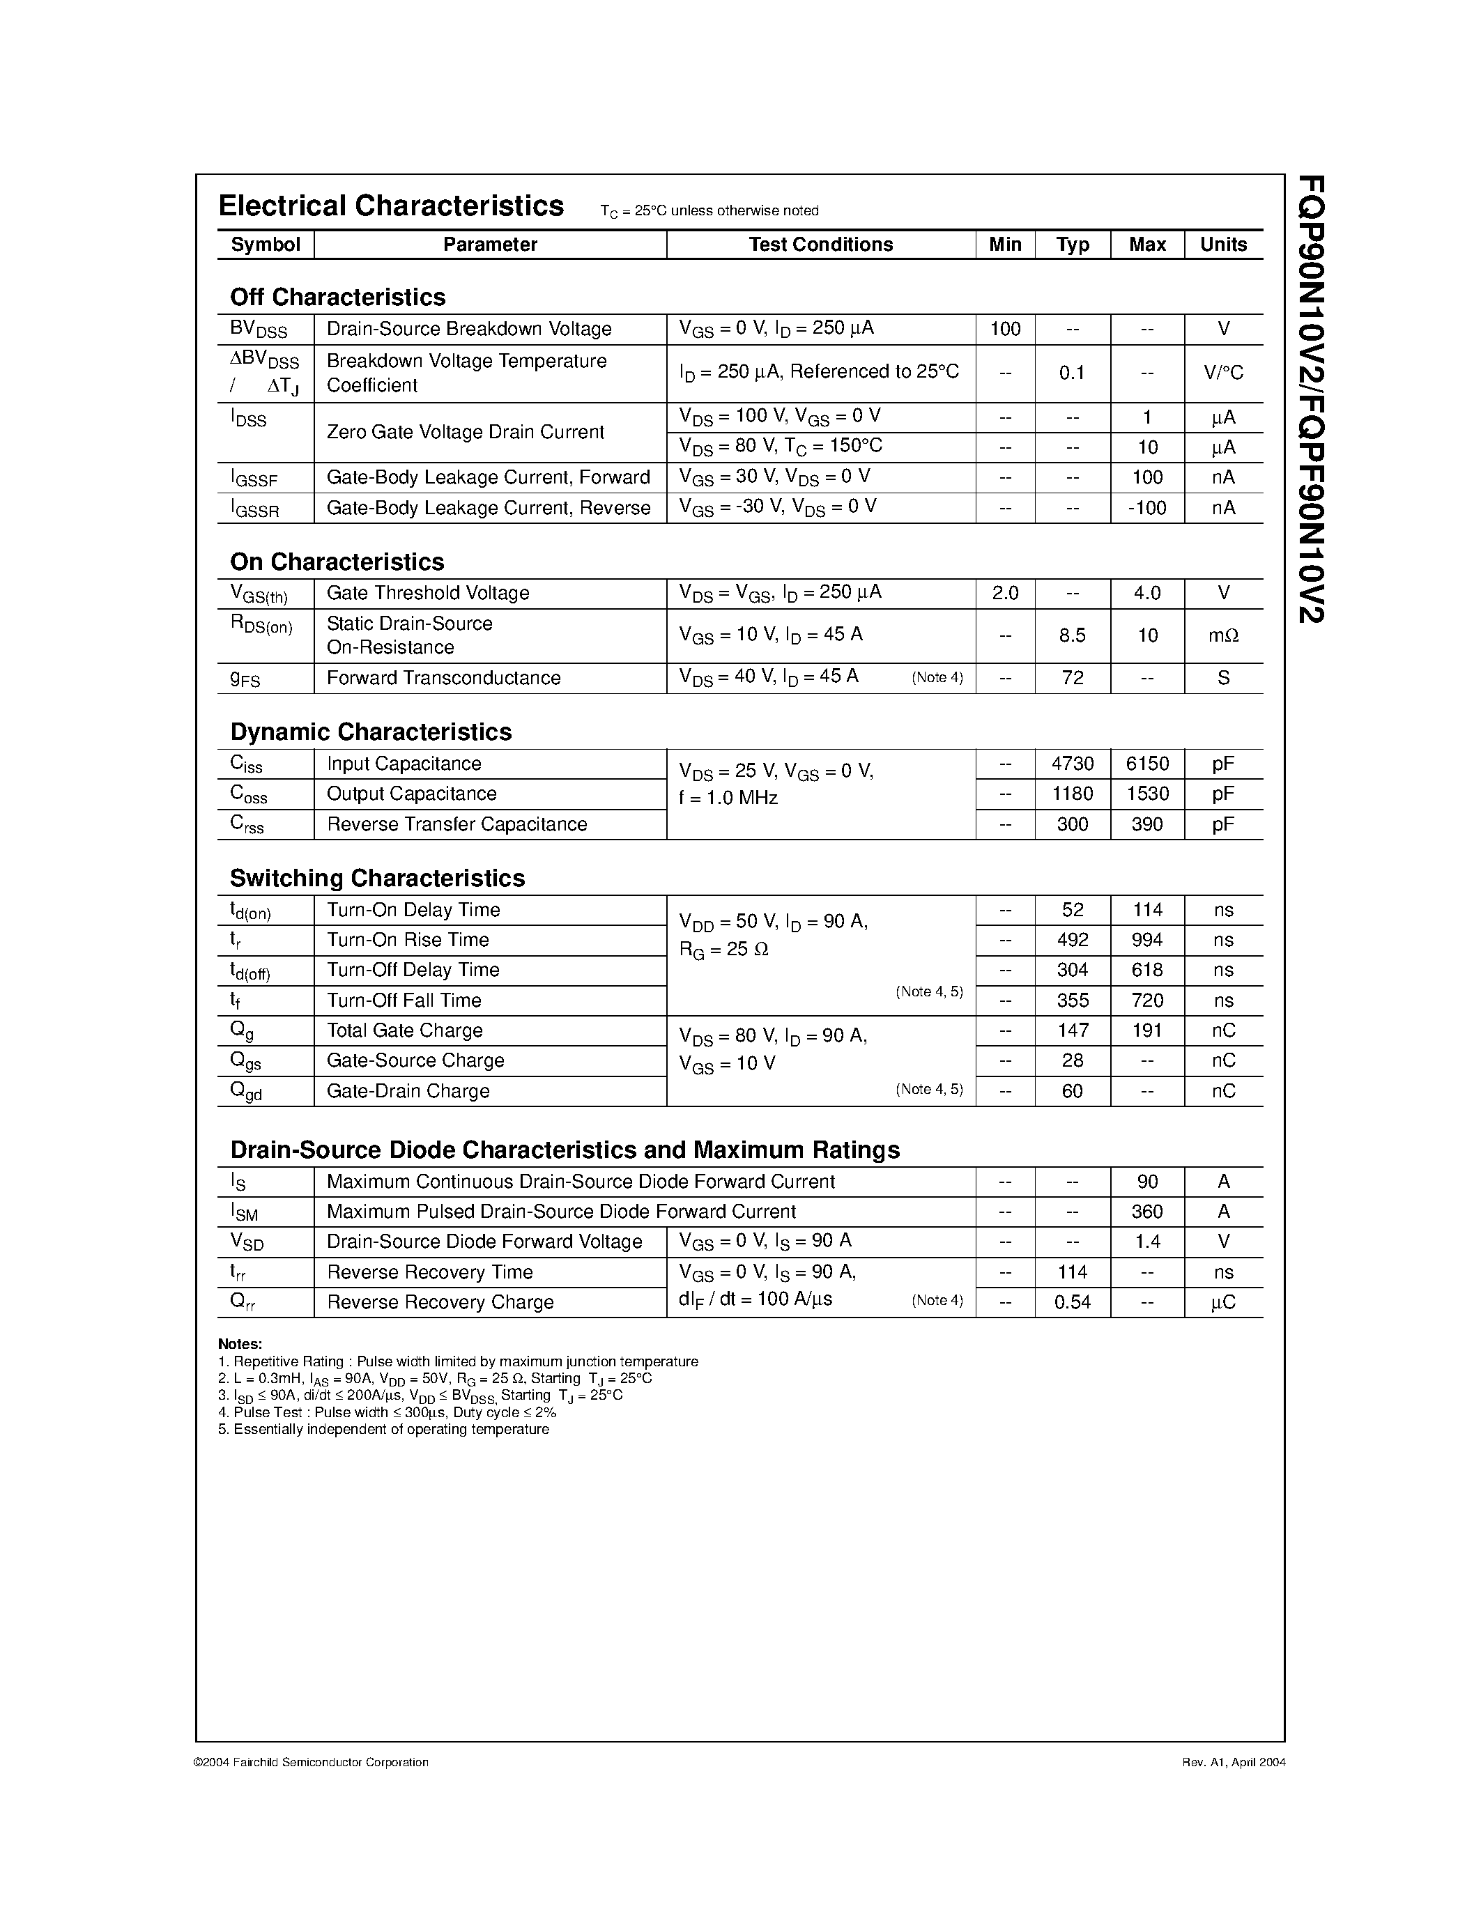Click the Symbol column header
tap(265, 245)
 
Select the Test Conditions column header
tap(820, 245)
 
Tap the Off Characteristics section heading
tap(338, 298)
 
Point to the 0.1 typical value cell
tap(1072, 373)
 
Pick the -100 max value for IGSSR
tap(1146, 508)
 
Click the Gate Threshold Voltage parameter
tap(427, 593)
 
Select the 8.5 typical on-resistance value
tap(1072, 635)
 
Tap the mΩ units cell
tap(1223, 635)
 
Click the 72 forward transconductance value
tap(1072, 678)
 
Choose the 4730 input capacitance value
tap(1072, 764)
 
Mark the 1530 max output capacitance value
tap(1146, 794)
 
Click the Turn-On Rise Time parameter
tap(407, 941)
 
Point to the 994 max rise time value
tap(1146, 941)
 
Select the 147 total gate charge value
tap(1072, 1031)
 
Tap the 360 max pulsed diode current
tap(1146, 1212)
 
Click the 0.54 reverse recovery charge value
tap(1072, 1303)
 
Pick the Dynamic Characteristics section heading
tap(370, 732)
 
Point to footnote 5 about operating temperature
tap(383, 1429)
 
